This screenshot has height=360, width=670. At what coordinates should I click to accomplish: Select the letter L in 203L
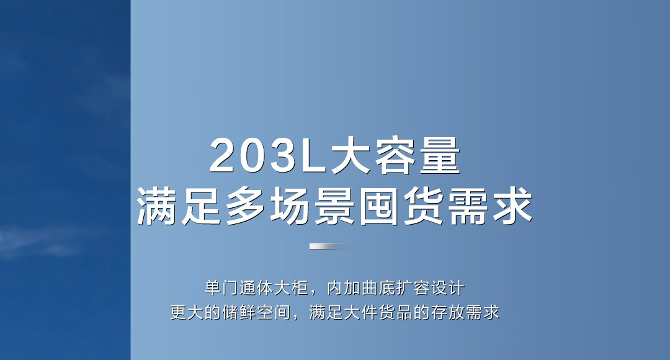click(313, 156)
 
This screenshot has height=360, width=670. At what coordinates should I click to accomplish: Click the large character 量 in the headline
click(439, 155)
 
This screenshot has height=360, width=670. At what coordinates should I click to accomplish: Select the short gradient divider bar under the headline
click(334, 246)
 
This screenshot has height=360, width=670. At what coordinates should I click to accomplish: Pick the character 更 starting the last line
click(178, 312)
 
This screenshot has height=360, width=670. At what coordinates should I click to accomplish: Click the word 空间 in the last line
click(274, 312)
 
